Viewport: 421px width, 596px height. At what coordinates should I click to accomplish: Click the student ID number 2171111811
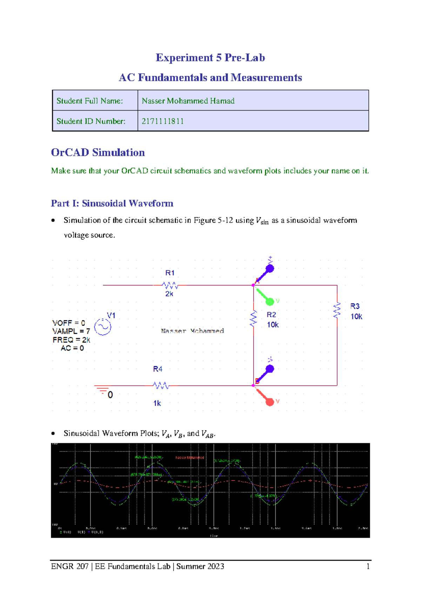click(162, 121)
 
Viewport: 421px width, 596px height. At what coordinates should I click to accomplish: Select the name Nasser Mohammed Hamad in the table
click(188, 101)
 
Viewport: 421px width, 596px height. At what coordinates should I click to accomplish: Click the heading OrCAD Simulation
click(98, 152)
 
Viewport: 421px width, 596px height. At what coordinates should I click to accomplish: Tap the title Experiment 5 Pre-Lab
click(210, 58)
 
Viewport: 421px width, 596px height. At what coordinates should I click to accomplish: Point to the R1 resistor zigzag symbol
click(170, 285)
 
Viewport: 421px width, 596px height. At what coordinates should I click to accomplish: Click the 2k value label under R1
click(169, 294)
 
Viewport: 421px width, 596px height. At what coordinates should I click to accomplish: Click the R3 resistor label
click(355, 306)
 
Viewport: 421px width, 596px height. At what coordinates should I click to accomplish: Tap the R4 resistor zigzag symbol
click(161, 385)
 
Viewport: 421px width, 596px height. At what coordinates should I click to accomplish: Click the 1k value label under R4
click(157, 403)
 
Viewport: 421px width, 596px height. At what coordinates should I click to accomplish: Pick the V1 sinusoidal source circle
click(103, 327)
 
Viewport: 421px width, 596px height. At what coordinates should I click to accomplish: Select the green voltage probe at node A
click(269, 301)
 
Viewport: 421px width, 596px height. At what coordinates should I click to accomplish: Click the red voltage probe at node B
click(269, 401)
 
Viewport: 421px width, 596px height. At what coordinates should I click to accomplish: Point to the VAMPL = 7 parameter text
click(71, 331)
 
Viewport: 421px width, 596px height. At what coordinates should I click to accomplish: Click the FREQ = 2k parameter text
click(71, 340)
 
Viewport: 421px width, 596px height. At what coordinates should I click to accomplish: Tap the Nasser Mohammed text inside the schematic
click(192, 331)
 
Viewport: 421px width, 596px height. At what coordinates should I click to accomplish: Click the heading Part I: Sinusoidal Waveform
click(112, 204)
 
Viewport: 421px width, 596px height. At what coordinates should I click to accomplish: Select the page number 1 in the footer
click(368, 566)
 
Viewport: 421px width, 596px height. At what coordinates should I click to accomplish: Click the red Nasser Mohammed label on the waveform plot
click(189, 458)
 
